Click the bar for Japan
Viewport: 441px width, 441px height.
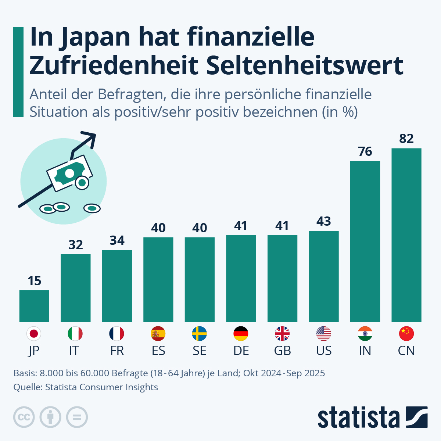tap(34, 306)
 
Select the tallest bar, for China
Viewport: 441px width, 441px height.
tap(406, 235)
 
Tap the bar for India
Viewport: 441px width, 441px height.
tap(365, 241)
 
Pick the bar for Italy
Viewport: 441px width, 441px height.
tap(75, 288)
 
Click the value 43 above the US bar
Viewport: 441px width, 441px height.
tap(324, 221)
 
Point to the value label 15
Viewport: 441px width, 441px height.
tap(34, 281)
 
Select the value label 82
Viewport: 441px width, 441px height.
tap(406, 139)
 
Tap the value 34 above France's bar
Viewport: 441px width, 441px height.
tap(117, 240)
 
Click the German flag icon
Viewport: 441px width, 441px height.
tap(241, 334)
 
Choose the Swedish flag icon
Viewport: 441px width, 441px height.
tap(200, 334)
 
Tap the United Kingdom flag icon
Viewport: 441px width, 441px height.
tap(282, 334)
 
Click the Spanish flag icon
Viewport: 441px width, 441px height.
tap(158, 334)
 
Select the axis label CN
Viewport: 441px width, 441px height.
tap(406, 351)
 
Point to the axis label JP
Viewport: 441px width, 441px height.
tap(34, 351)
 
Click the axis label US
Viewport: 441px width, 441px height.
tap(324, 351)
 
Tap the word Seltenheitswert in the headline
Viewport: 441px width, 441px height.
tap(305, 65)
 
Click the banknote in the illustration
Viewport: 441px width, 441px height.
tap(70, 173)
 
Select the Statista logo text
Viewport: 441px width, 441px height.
tap(358, 417)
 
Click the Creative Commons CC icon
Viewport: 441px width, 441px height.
tap(24, 417)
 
